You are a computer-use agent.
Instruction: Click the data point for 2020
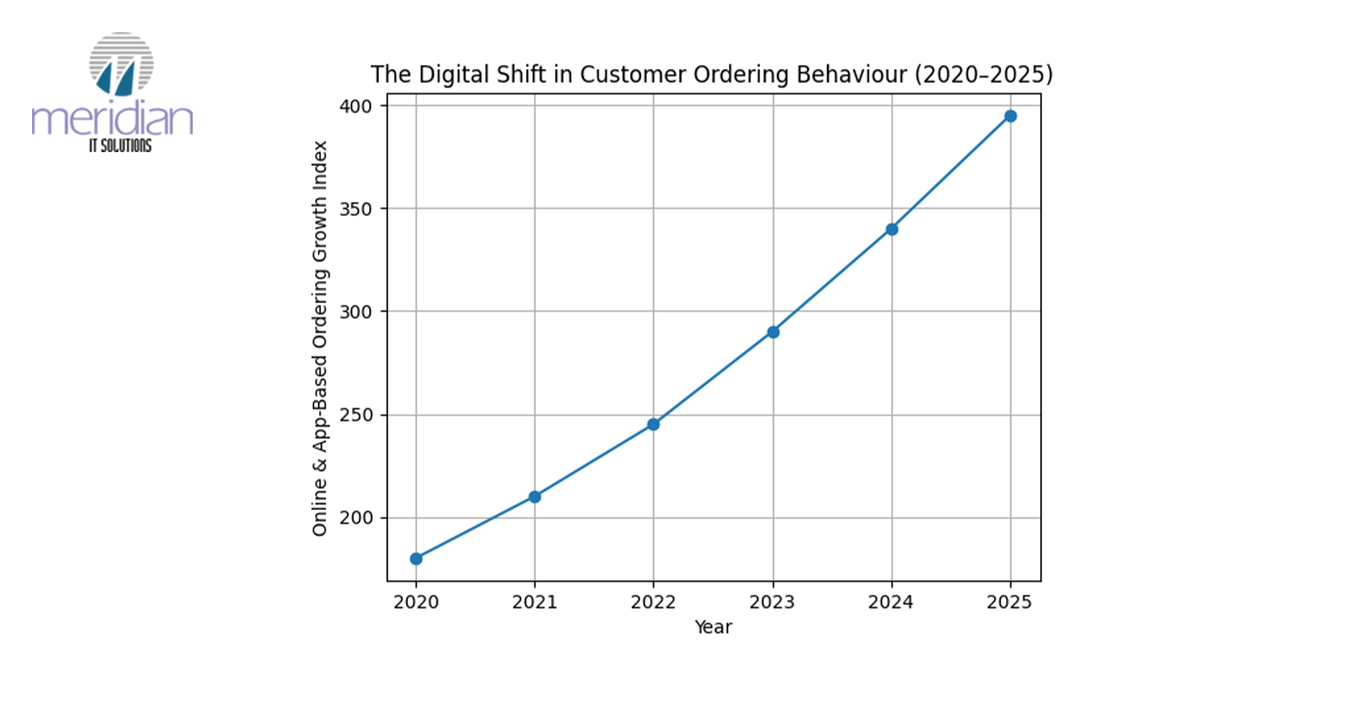(x=416, y=559)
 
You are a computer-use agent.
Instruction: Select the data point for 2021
(x=535, y=496)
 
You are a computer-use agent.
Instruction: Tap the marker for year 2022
(x=653, y=424)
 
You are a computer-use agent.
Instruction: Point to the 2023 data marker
(x=773, y=332)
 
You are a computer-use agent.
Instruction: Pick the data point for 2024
(x=892, y=229)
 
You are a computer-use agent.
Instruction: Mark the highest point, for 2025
(x=1011, y=116)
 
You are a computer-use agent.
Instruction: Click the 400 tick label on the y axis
(x=356, y=106)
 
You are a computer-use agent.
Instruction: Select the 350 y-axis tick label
(x=356, y=209)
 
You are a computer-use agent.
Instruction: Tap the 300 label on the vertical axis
(x=356, y=312)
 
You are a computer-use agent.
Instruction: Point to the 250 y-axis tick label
(x=356, y=415)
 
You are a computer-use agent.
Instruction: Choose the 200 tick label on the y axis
(x=356, y=518)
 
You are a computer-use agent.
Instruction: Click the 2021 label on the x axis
(x=535, y=603)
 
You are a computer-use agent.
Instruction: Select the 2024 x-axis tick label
(x=890, y=603)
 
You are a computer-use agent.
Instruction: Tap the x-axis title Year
(x=713, y=627)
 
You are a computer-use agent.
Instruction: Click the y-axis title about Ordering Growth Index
(x=320, y=338)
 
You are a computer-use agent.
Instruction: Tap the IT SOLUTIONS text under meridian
(x=120, y=145)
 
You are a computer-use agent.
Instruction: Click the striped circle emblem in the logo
(x=121, y=63)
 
